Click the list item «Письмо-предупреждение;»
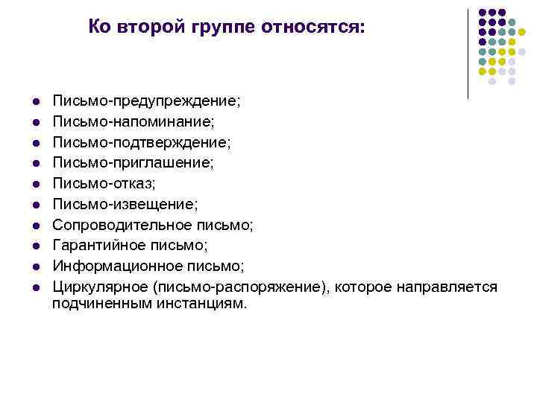[147, 99]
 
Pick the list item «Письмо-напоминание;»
[138, 120]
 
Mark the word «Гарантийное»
[98, 245]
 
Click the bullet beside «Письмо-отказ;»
[35, 183]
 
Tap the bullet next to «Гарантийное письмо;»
[35, 246]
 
